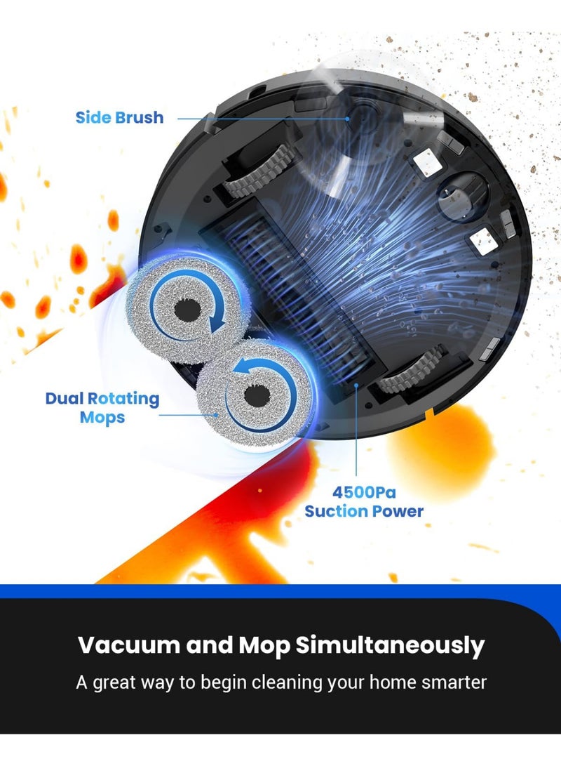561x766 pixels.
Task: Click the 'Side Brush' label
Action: pos(119,118)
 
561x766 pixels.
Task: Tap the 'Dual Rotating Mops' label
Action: pos(102,408)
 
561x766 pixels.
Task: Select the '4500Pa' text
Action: pos(364,492)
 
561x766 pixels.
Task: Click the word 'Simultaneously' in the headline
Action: pos(390,646)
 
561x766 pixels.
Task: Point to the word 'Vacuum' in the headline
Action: pos(129,645)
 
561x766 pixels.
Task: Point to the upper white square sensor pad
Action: pos(427,162)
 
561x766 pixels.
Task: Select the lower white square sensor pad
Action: pos(483,242)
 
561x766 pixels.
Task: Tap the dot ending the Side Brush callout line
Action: pos(348,119)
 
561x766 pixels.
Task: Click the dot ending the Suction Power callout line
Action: pos(357,385)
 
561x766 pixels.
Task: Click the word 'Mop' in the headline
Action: pos(264,646)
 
